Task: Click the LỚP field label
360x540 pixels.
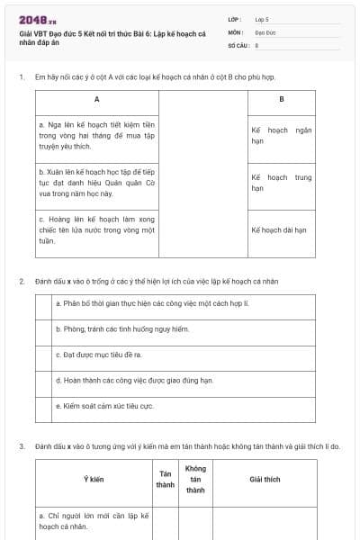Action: (x=235, y=18)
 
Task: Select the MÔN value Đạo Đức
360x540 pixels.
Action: (x=265, y=31)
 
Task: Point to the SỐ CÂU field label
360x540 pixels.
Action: (x=237, y=44)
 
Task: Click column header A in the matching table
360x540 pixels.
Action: (x=96, y=98)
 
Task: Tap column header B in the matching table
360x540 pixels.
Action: (x=281, y=98)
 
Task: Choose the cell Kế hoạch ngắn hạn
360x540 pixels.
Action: (x=281, y=136)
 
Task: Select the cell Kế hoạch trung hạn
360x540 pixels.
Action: (x=281, y=183)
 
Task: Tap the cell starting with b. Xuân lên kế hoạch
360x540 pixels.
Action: (x=97, y=182)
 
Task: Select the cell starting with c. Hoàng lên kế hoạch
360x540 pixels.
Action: (x=97, y=229)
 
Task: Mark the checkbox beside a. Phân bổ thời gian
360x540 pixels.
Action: (x=43, y=304)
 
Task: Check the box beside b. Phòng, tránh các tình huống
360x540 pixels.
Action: (x=43, y=330)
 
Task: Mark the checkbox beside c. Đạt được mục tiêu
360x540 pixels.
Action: (x=43, y=355)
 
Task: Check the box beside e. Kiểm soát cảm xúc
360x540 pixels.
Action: (x=43, y=407)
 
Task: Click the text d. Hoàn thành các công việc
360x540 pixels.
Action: (x=135, y=381)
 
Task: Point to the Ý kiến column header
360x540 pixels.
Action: (x=94, y=480)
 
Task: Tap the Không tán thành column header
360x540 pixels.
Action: (x=195, y=480)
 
